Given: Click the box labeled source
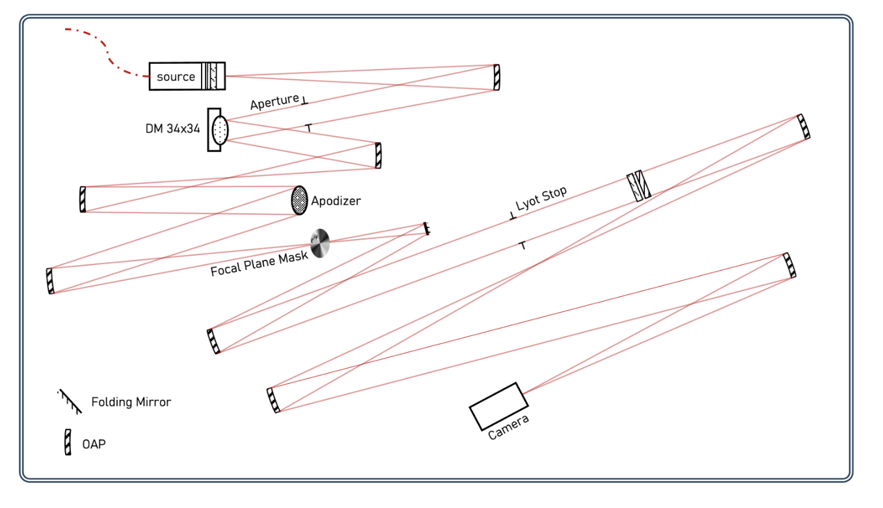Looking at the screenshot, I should coord(176,77).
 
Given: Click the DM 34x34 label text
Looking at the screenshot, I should coord(173,128).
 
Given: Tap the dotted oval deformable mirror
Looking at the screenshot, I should coord(220,130).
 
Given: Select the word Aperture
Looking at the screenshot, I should coord(274,102).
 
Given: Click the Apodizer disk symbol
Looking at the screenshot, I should coord(299,201).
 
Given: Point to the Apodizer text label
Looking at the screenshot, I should coord(336,201).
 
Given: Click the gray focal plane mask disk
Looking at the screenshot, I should coord(320,243).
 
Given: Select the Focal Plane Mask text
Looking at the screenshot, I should coord(259,263).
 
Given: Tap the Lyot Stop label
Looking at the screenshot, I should coord(541,198).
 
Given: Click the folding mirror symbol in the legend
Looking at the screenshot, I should coord(70,401).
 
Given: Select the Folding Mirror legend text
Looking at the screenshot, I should coord(131,402).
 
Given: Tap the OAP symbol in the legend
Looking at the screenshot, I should coord(68,442).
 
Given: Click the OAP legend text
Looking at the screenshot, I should coord(94,445).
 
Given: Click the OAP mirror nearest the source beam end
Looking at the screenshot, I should coord(496,77).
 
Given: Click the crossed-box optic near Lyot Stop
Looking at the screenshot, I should coord(638,186).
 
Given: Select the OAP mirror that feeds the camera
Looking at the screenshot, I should coord(789,266).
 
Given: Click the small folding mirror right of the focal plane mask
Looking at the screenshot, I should coord(427,228).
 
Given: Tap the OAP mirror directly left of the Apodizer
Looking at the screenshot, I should coord(82,199).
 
